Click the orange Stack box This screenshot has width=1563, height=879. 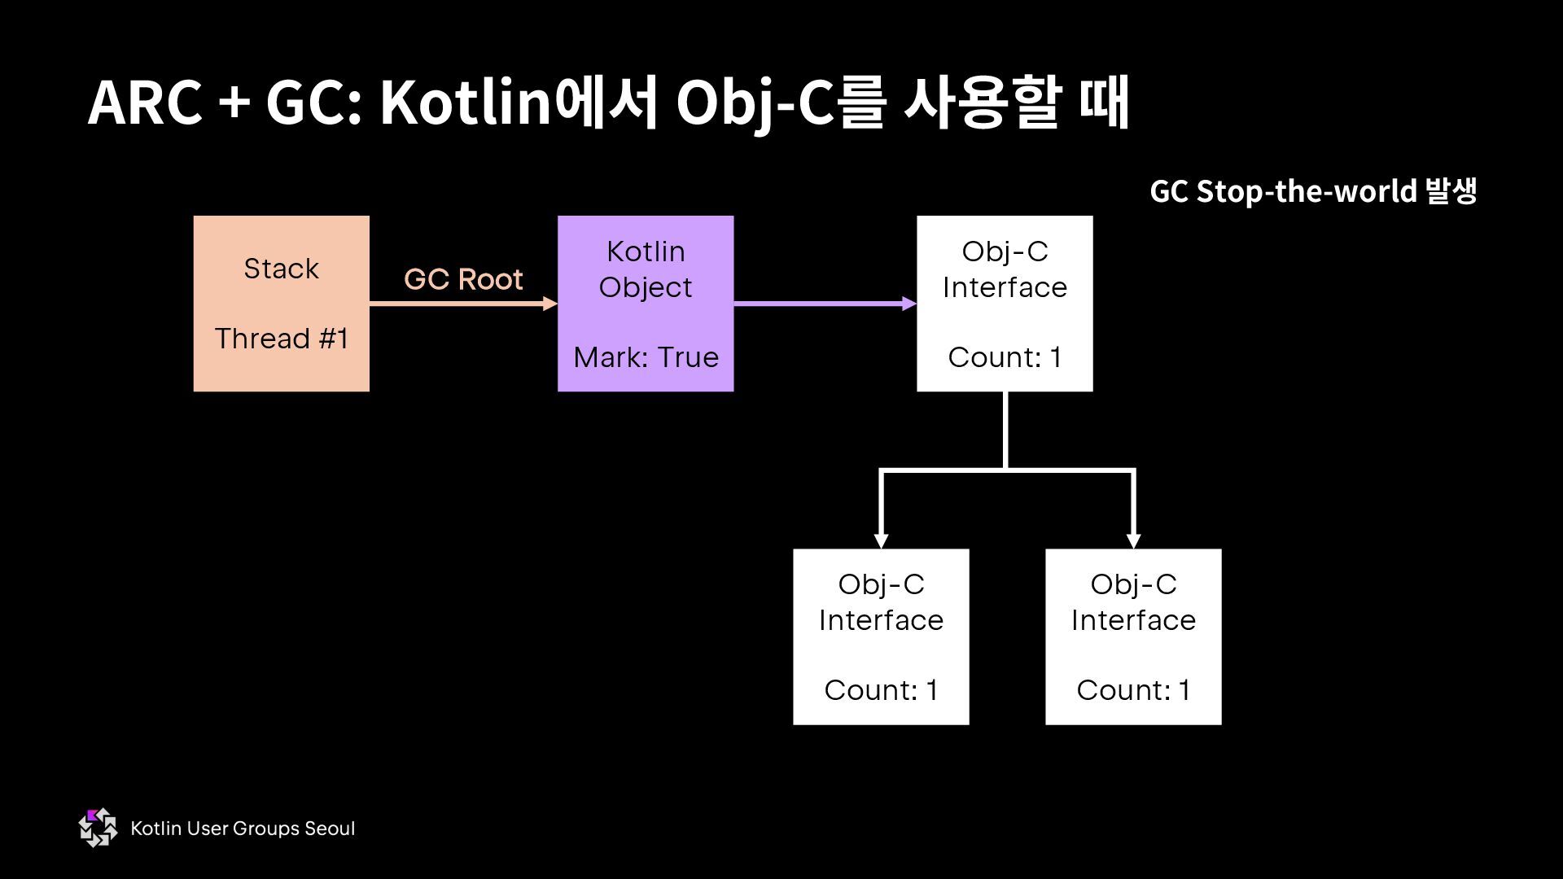(281, 303)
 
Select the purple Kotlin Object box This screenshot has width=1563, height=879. (645, 303)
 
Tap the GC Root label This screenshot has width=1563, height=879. (462, 279)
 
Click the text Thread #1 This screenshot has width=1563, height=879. (281, 339)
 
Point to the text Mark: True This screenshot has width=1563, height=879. (646, 357)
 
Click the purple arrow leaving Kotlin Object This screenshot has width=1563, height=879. (822, 304)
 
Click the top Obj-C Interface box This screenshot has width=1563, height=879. (1005, 303)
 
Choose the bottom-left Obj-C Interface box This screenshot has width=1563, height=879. (881, 636)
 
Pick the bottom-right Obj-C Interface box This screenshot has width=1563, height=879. (1133, 636)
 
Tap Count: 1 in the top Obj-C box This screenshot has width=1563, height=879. (1005, 357)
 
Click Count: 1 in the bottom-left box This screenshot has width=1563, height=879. (881, 690)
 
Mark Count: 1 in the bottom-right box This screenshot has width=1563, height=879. (1133, 690)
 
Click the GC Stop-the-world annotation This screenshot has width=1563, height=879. (1312, 191)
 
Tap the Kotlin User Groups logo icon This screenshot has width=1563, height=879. (98, 828)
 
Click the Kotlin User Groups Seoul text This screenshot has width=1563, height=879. (243, 829)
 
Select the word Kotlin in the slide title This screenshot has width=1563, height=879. (466, 103)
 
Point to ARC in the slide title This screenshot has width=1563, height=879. (145, 103)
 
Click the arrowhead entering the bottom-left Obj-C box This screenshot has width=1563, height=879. (881, 540)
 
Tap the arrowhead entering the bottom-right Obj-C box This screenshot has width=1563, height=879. (1133, 540)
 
